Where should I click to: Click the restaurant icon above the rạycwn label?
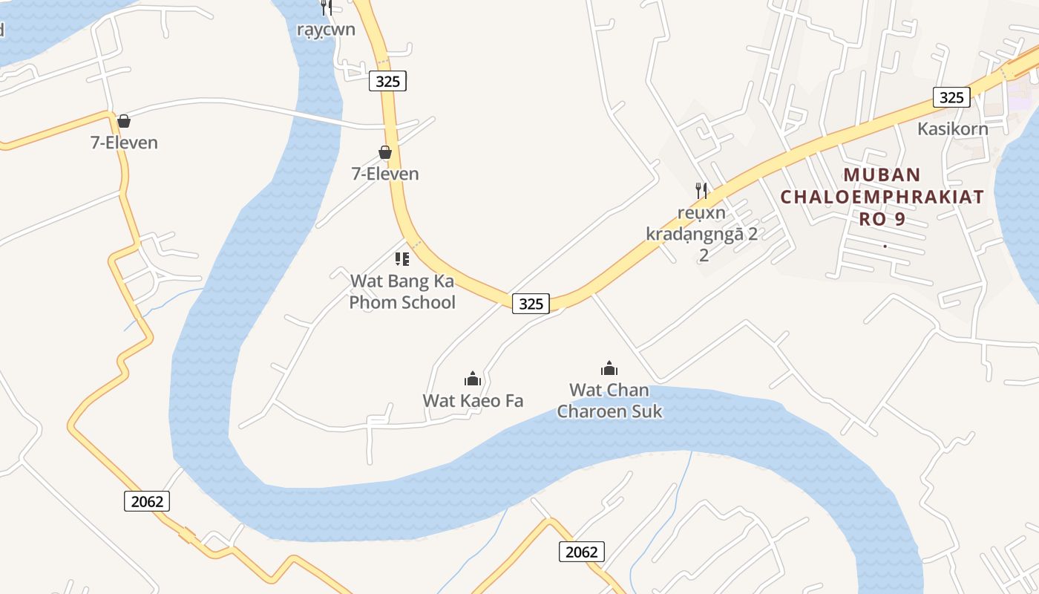coord(326,7)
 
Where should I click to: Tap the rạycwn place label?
coord(326,30)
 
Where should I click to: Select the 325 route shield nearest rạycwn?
coord(387,82)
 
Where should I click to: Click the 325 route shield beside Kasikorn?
coord(951,97)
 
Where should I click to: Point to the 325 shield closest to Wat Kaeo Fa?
coord(531,303)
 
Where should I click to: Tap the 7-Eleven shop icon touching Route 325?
coord(385,153)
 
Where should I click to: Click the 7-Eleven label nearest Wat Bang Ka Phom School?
coord(385,174)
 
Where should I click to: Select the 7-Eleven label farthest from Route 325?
coord(124,143)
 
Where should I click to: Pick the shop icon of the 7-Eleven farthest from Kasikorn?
coord(124,121)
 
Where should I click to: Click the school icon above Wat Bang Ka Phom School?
coord(402,259)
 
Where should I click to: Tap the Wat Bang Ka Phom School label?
coord(402,292)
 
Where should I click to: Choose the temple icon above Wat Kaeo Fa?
coord(473,379)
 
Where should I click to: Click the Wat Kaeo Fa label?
coord(473,401)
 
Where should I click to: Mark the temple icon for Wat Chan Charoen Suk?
coord(609,368)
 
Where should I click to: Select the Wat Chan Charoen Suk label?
coord(609,400)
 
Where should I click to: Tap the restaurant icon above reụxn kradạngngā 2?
coord(701,191)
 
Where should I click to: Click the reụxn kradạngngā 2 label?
coord(702,234)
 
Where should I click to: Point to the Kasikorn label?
coord(953,128)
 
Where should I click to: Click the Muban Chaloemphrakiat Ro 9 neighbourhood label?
coord(882,197)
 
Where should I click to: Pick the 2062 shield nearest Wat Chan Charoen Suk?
coord(581,552)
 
